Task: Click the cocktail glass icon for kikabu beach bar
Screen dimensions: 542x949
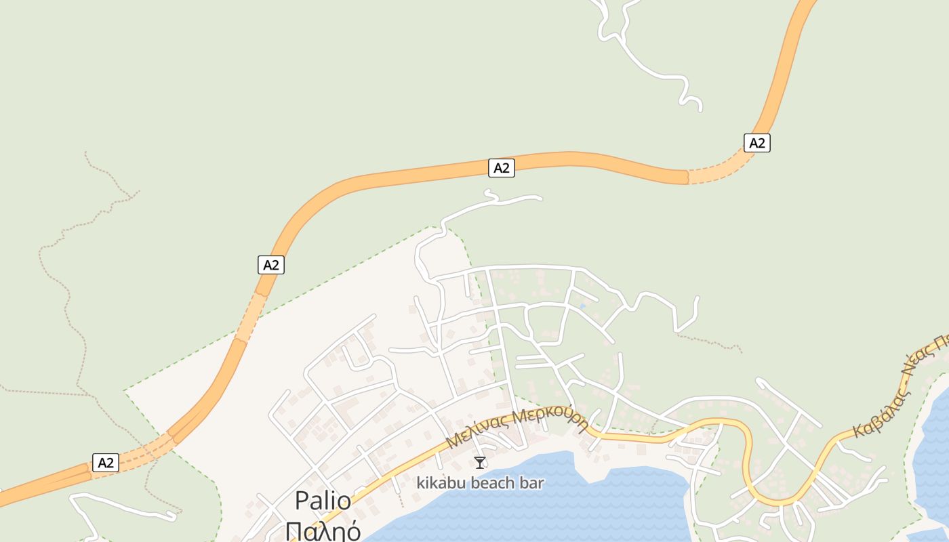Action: [x=480, y=463]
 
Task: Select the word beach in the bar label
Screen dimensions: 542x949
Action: [x=496, y=483]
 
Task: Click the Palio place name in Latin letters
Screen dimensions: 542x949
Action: [x=323, y=501]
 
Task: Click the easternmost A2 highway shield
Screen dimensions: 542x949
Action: [x=756, y=143]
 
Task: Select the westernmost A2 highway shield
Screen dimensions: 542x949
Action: [x=106, y=463]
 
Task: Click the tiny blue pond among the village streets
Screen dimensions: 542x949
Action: [x=582, y=307]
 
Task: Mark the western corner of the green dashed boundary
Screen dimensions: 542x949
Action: [x=125, y=392]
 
